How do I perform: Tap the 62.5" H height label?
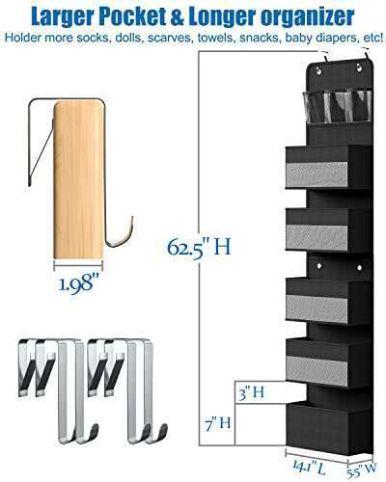(x=198, y=249)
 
